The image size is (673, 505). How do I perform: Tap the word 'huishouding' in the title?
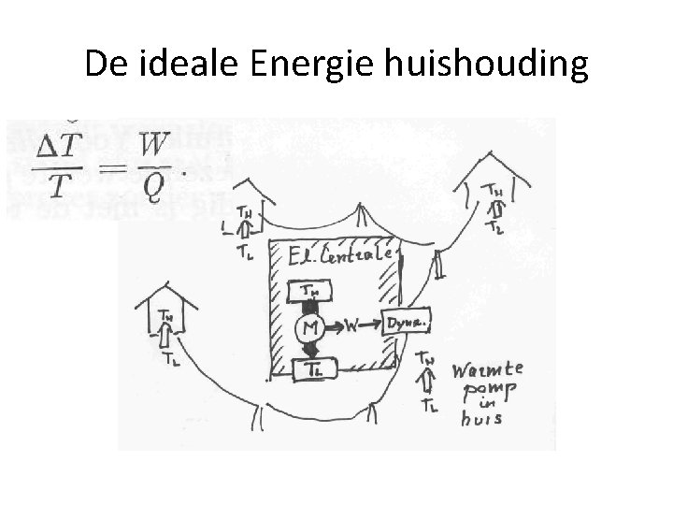482,64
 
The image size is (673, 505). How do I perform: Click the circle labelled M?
310,327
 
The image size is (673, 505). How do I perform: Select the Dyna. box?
404,323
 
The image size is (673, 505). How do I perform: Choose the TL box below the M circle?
311,368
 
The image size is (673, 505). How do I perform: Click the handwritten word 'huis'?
482,419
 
